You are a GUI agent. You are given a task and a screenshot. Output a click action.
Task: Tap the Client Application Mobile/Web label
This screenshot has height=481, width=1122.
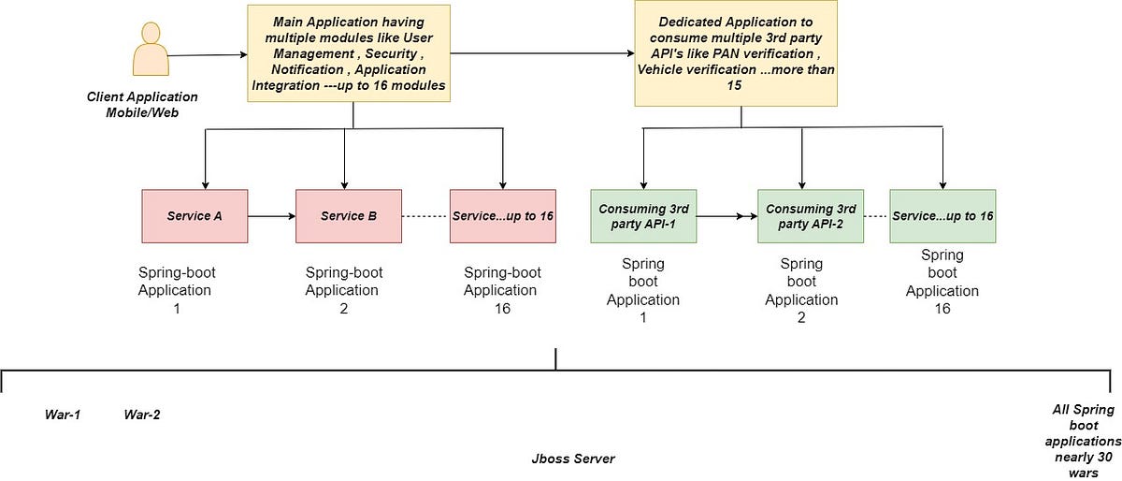click(x=142, y=103)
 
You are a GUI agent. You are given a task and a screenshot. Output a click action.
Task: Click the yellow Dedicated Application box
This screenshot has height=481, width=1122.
click(x=735, y=53)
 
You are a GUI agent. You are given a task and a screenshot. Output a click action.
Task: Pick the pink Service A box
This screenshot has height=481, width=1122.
click(x=194, y=216)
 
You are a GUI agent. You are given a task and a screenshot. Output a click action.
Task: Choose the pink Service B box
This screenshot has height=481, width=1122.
click(x=349, y=216)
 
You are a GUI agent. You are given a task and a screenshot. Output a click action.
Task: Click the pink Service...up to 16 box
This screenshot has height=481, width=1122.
click(x=503, y=216)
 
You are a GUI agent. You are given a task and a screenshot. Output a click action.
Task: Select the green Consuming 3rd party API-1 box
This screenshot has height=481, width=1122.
click(x=643, y=216)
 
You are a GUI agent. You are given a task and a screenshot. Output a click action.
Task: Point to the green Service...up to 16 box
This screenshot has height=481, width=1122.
click(x=942, y=216)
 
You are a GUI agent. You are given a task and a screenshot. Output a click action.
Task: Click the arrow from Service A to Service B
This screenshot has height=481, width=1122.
click(x=271, y=216)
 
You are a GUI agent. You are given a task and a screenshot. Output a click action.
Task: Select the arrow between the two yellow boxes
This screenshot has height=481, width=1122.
click(x=542, y=52)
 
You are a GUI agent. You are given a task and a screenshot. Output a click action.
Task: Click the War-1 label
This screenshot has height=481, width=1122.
click(x=63, y=415)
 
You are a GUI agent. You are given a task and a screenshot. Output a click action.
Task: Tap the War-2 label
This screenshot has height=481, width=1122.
click(x=142, y=415)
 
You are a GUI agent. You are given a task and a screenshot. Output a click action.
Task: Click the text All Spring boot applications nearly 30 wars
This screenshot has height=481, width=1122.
click(x=1083, y=440)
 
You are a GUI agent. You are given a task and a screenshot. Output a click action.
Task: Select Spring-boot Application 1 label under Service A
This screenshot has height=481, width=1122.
click(x=176, y=290)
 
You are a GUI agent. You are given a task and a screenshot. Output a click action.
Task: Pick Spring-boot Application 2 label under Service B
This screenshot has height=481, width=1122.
click(x=344, y=290)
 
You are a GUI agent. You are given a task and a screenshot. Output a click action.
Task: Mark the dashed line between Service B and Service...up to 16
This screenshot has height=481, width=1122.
click(x=425, y=216)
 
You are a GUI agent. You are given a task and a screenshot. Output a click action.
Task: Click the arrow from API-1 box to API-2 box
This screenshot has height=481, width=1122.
click(x=726, y=216)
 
